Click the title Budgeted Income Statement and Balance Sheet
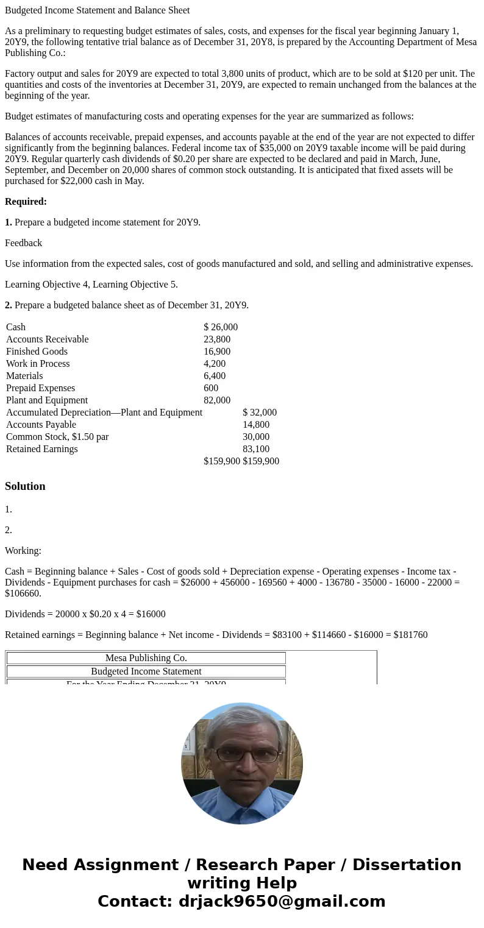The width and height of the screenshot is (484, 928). click(97, 10)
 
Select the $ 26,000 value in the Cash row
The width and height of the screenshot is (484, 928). click(221, 327)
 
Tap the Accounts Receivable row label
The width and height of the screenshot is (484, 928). click(47, 339)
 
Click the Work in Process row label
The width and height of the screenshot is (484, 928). click(38, 364)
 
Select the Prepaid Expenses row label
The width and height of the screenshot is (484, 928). click(40, 388)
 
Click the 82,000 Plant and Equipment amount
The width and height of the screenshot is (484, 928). click(217, 400)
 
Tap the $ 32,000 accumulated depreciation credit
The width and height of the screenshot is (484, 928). click(260, 413)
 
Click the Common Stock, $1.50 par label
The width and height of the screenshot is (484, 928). click(57, 437)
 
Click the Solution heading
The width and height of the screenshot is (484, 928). click(25, 486)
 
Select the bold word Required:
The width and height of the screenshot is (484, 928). click(26, 202)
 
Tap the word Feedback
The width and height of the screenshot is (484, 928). click(23, 243)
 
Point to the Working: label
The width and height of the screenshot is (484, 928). click(23, 551)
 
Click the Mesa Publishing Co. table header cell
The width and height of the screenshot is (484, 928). click(146, 658)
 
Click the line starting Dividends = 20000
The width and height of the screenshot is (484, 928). click(85, 614)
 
